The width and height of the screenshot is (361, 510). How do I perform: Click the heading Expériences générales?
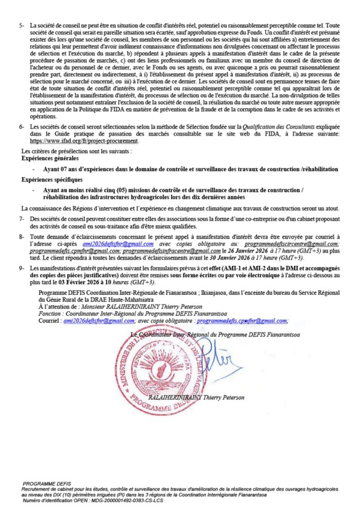[x=47, y=156]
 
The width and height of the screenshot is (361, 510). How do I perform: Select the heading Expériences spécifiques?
[x=48, y=179]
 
